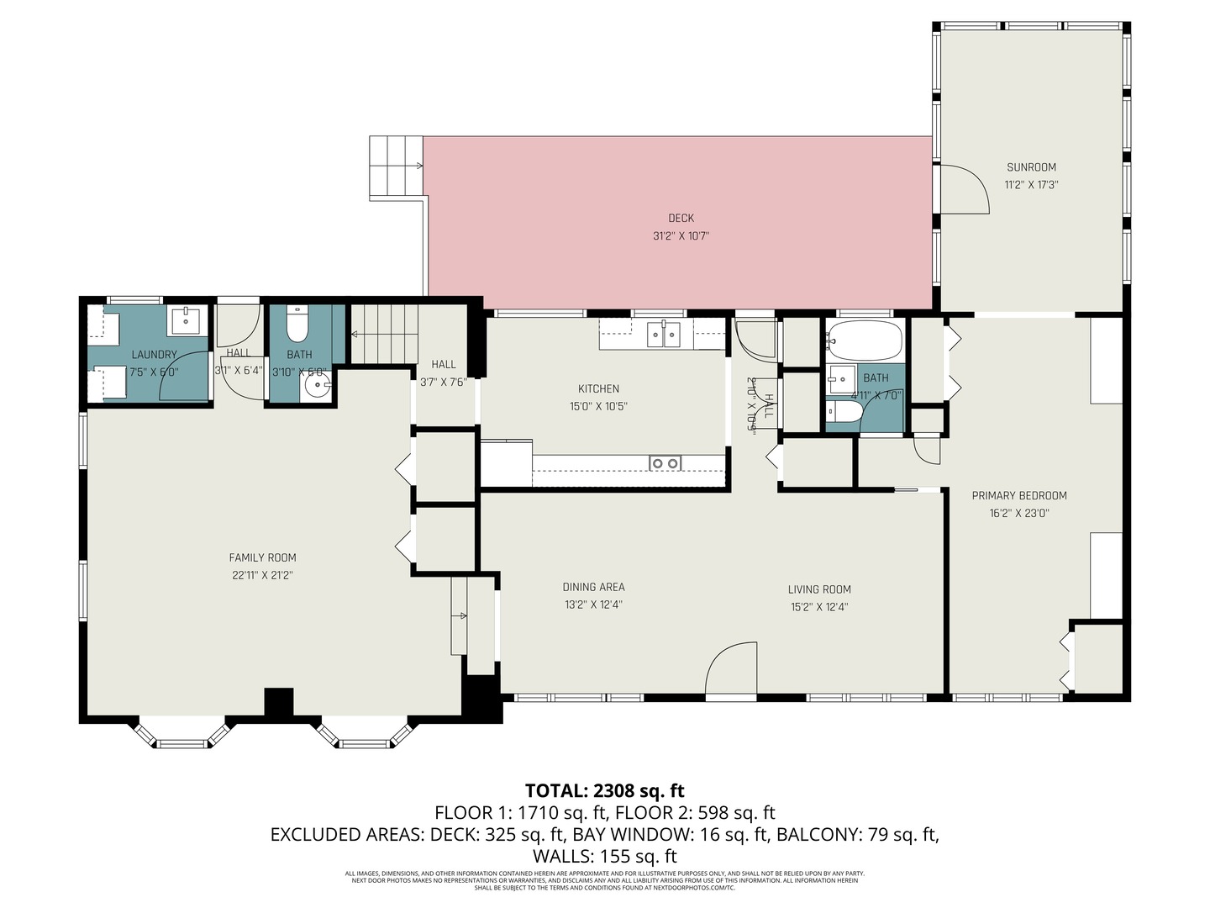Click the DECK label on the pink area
681,219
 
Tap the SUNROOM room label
1031,167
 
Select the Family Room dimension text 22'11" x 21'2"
262,576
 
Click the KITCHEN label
598,388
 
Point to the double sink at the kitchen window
664,335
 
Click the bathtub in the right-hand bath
864,340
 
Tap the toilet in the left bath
298,324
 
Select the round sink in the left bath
317,388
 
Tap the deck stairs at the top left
396,167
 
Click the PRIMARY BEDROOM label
1019,496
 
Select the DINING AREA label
593,587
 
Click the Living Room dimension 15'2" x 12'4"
819,607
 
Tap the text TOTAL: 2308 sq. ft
604,790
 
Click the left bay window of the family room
182,733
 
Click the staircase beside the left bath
383,334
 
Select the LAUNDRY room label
154,355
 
